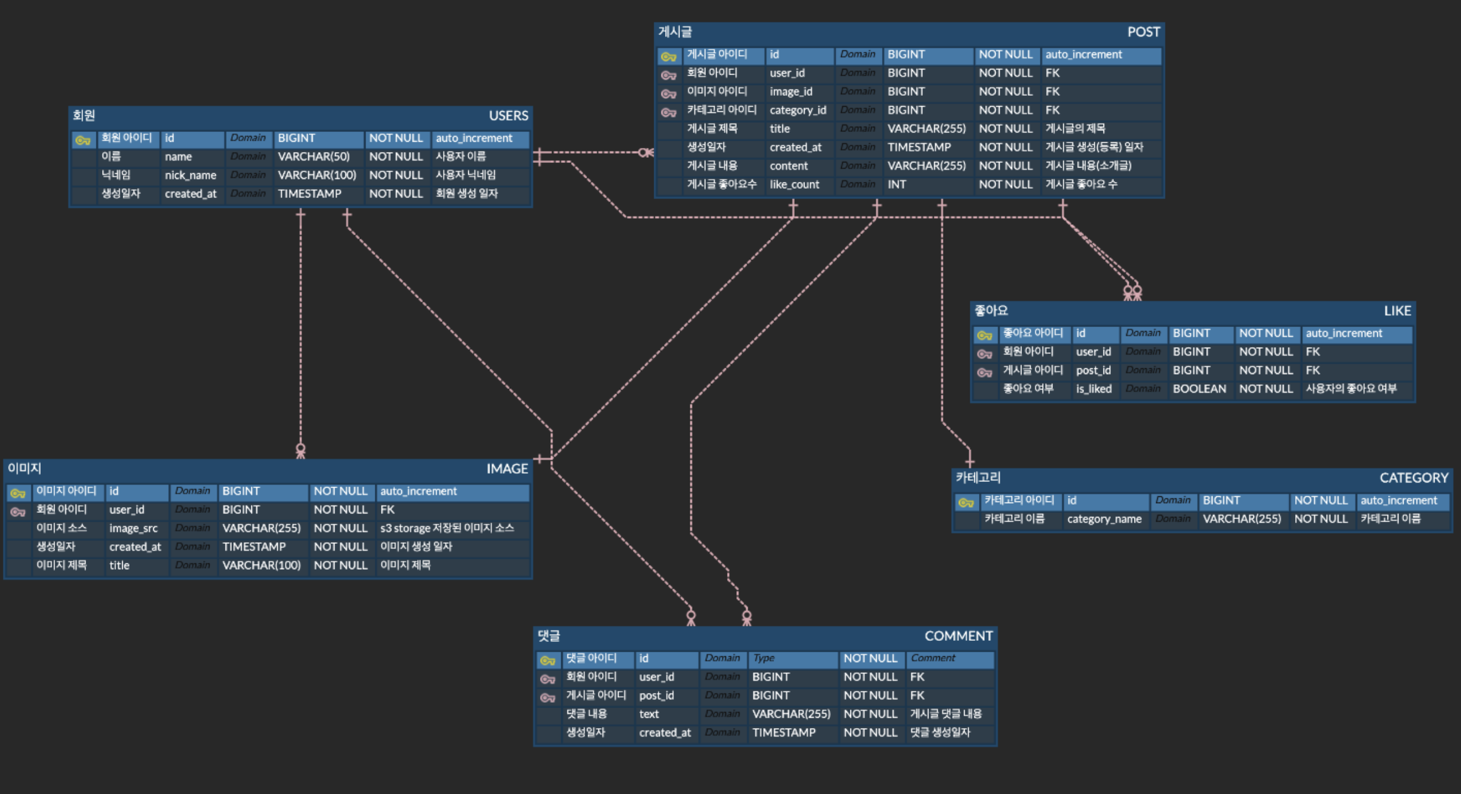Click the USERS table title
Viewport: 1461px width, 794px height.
pos(508,116)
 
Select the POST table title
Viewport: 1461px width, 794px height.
pos(1143,32)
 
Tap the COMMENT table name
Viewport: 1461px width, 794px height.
pos(958,636)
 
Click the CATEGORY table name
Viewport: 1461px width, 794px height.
pos(1413,478)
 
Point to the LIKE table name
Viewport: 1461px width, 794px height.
pos(1397,311)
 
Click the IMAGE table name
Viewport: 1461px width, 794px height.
pos(507,469)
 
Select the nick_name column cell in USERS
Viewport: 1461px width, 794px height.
pos(191,176)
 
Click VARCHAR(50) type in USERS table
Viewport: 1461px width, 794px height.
pos(313,157)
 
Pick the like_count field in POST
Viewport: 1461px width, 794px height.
pos(794,185)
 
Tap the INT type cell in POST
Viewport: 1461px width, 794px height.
pos(897,185)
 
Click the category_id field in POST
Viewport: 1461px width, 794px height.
pos(798,110)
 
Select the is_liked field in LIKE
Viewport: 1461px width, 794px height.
pos(1094,389)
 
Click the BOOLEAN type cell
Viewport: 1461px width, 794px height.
pos(1199,389)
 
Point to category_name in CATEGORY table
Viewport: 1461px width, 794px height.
pos(1104,519)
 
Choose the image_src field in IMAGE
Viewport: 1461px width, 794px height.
pos(133,528)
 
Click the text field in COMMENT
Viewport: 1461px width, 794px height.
pos(648,714)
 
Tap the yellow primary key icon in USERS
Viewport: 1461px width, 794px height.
pos(83,139)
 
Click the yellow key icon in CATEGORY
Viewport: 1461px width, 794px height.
pos(966,503)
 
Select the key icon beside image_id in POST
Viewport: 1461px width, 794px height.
pos(669,94)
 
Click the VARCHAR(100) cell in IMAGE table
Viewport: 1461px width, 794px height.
pos(261,566)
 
